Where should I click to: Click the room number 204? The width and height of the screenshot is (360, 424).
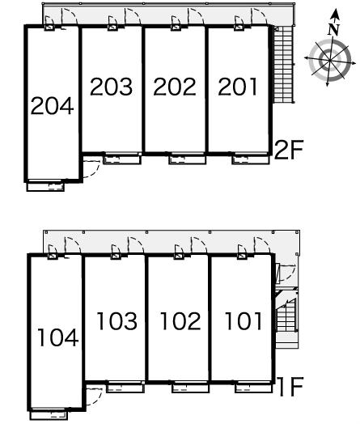pos(52,106)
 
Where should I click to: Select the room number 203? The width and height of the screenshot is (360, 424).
pos(111,87)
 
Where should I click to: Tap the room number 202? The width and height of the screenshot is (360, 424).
pos(175,87)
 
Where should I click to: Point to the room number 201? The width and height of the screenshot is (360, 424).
pos(238,87)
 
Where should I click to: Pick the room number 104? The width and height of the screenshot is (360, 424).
pos(58,337)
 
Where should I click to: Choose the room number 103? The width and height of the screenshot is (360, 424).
pos(117,321)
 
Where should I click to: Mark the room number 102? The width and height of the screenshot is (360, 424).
pos(180,321)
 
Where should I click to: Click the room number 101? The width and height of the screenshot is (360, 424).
pos(244,321)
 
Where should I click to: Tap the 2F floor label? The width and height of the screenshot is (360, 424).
pos(289,149)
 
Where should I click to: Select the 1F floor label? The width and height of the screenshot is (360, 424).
pos(290,387)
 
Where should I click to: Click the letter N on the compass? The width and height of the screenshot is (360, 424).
pos(333,30)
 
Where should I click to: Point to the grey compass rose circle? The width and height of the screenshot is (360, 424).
pos(330,60)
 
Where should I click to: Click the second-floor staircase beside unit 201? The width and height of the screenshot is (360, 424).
pos(283,65)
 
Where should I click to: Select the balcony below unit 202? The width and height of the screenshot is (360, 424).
pos(188,159)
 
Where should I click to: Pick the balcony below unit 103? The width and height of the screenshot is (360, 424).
pos(125,388)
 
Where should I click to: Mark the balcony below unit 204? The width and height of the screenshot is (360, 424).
pos(45,187)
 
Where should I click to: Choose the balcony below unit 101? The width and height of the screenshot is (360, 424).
pos(253,388)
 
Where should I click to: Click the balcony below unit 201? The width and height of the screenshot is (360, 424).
pos(251,159)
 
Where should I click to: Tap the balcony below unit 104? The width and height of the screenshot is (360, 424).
pos(49,415)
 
